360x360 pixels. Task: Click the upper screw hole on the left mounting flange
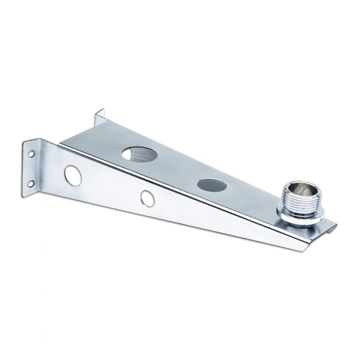pos(31,153)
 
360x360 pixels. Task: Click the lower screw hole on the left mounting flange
pos(31,183)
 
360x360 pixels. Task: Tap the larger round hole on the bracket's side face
pos(73,175)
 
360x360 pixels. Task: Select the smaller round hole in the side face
pos(148,197)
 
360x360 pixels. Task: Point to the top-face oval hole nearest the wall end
pos(139,154)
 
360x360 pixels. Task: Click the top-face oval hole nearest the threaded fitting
pos(212,184)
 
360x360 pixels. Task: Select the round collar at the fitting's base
pos(300,217)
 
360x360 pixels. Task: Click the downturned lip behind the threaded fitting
pos(331,228)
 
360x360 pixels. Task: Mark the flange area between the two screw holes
pos(30,168)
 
